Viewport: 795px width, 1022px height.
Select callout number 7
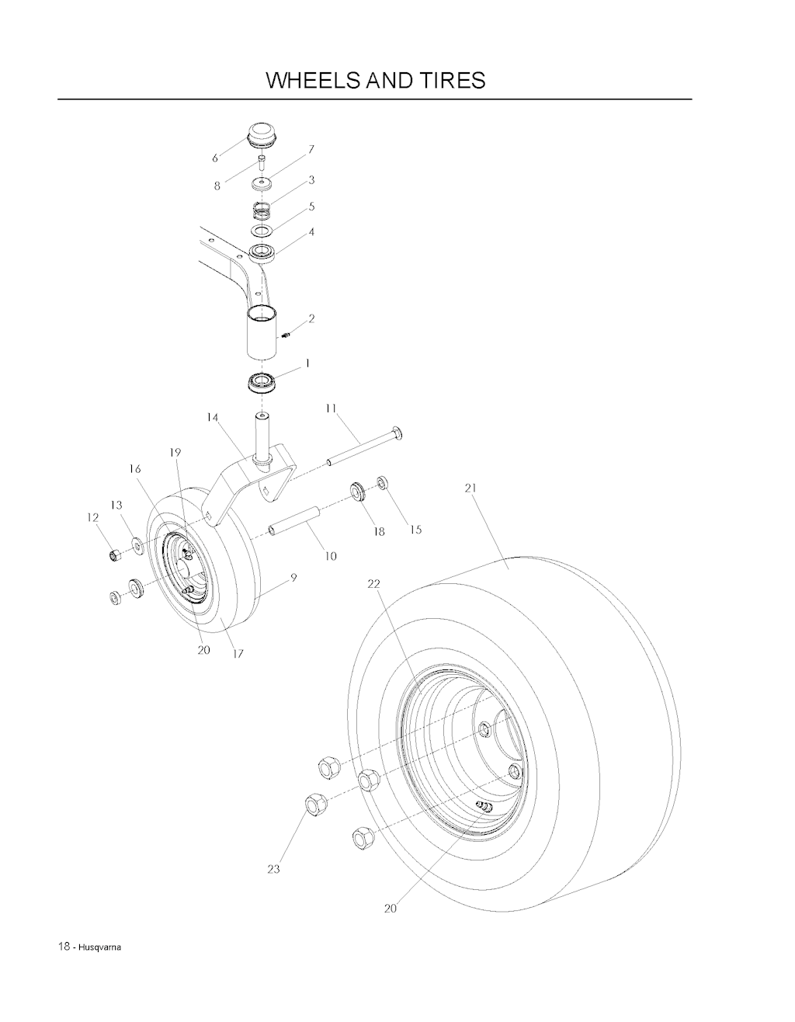point(311,150)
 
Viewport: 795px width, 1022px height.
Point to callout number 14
point(213,417)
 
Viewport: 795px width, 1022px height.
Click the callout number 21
point(470,488)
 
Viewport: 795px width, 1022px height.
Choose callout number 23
point(273,869)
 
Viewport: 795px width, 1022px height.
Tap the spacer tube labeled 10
point(293,520)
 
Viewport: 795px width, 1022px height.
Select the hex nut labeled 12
point(115,556)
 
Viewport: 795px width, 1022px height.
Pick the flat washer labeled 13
point(137,546)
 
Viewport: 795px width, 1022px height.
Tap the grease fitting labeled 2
point(286,335)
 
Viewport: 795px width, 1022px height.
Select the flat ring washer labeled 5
point(262,231)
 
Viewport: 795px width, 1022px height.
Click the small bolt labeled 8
point(262,163)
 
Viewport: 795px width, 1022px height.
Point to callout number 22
point(373,584)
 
